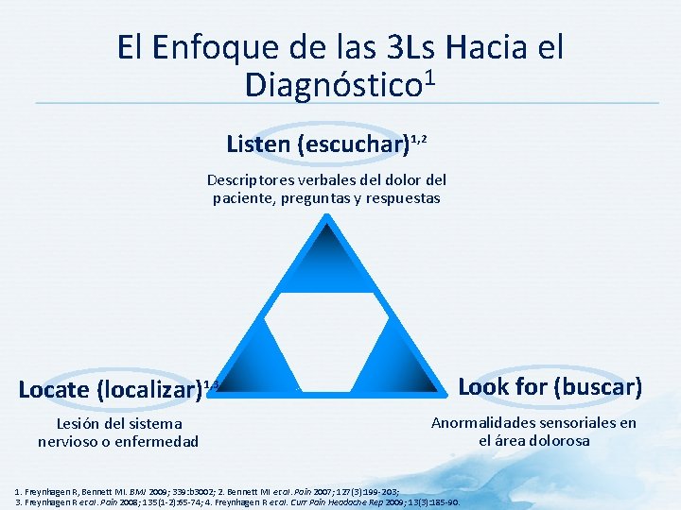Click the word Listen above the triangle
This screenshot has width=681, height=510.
click(x=259, y=144)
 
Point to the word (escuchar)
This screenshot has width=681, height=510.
click(x=354, y=144)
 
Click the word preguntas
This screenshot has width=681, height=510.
click(x=316, y=198)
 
